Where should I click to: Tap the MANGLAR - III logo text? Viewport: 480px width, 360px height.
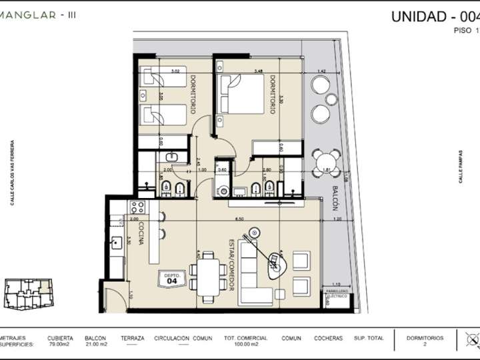[x=38, y=15]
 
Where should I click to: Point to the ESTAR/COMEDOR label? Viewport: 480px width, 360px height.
[x=231, y=265]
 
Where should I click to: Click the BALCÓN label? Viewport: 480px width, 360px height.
[x=335, y=198]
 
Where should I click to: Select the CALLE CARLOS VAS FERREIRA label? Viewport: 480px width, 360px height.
[x=12, y=173]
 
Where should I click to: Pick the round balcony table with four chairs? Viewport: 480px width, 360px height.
[x=327, y=163]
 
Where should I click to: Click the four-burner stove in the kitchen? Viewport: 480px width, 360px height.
[x=138, y=207]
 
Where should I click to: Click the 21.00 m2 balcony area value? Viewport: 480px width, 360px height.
[x=95, y=345]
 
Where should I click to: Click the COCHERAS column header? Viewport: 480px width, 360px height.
[x=329, y=338]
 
